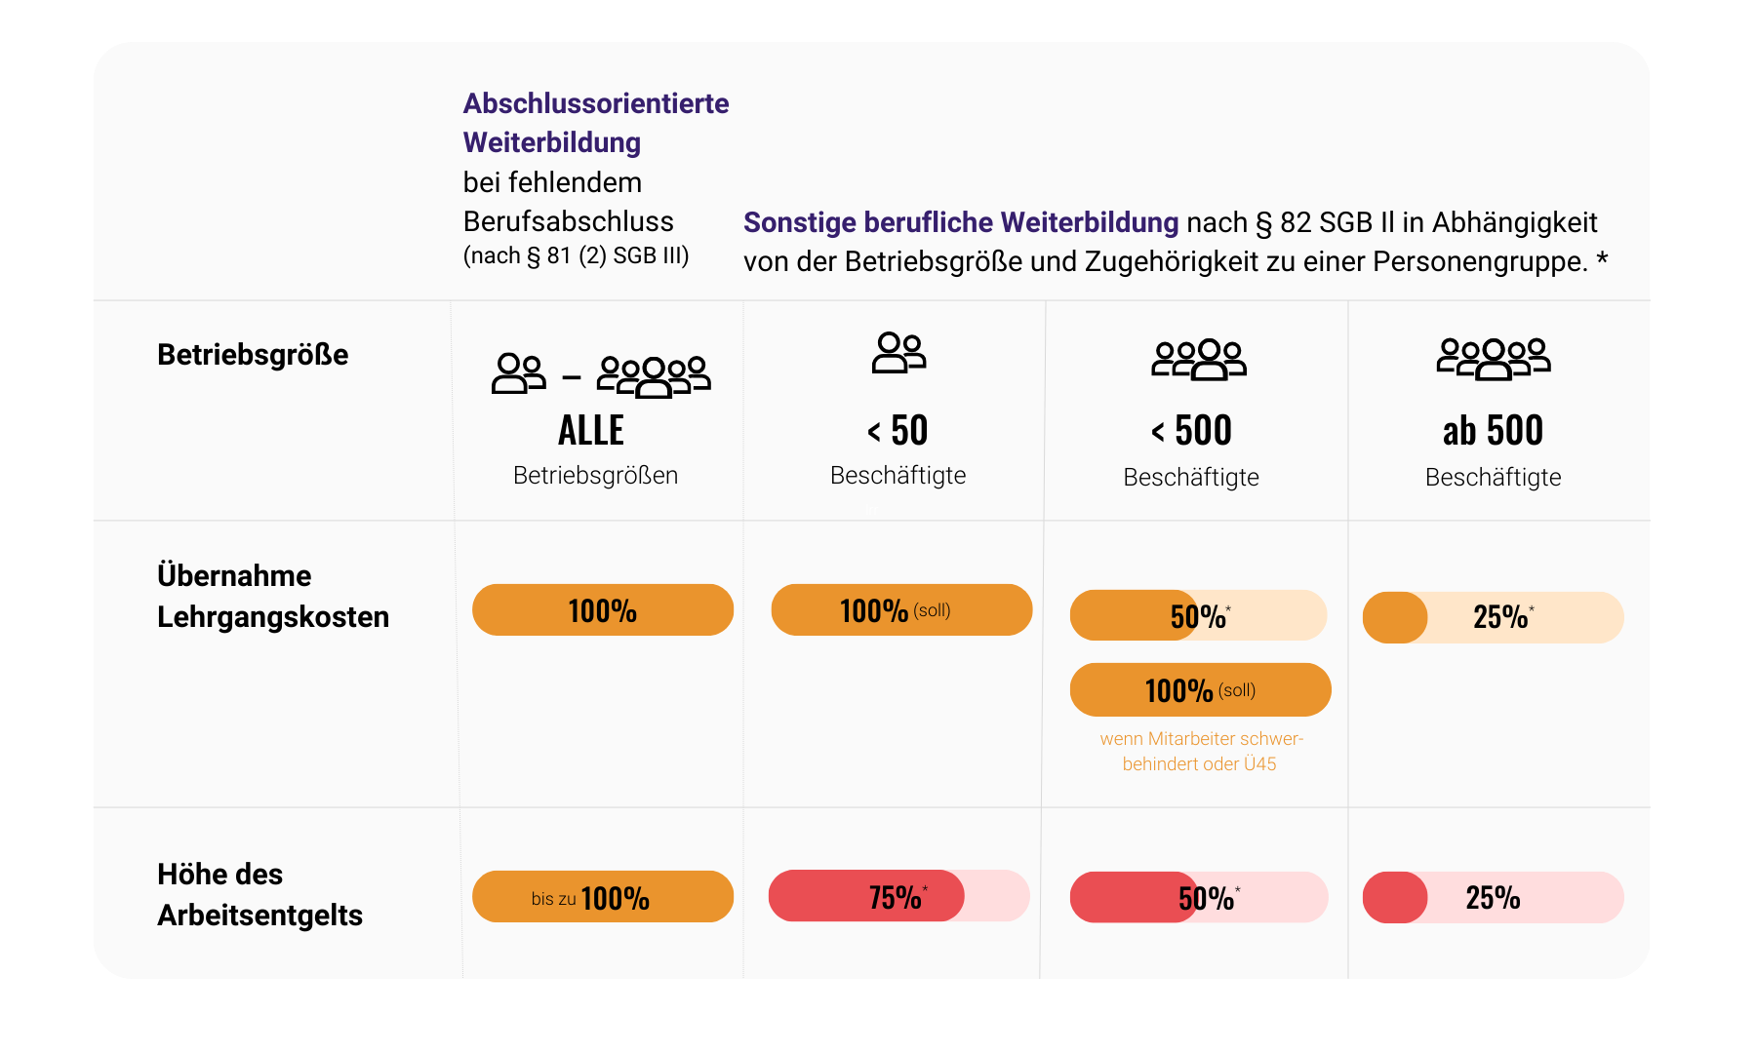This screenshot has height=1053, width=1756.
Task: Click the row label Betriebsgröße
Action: tap(253, 355)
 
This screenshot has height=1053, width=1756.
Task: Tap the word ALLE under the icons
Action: tap(591, 431)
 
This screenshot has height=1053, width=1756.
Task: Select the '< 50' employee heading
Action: tap(898, 431)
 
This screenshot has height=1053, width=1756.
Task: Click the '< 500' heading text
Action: tap(1191, 431)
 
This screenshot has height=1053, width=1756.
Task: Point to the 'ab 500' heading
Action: tap(1493, 431)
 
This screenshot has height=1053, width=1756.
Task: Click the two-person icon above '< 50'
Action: tap(898, 353)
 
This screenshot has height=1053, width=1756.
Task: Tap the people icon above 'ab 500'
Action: tap(1493, 359)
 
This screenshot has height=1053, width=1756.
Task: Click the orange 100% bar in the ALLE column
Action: tap(602, 610)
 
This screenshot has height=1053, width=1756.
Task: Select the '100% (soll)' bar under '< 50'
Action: tap(900, 610)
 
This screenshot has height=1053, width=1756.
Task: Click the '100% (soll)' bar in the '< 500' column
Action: tap(1200, 690)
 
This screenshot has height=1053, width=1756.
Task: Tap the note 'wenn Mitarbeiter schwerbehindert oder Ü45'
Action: tap(1201, 752)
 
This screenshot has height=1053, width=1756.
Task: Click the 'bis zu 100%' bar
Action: tap(602, 897)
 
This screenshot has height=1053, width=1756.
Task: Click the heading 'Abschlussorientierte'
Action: tap(595, 103)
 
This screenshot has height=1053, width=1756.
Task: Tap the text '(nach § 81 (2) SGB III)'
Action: tap(576, 256)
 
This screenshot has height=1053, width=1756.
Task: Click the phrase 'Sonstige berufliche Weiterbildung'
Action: tap(960, 223)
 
